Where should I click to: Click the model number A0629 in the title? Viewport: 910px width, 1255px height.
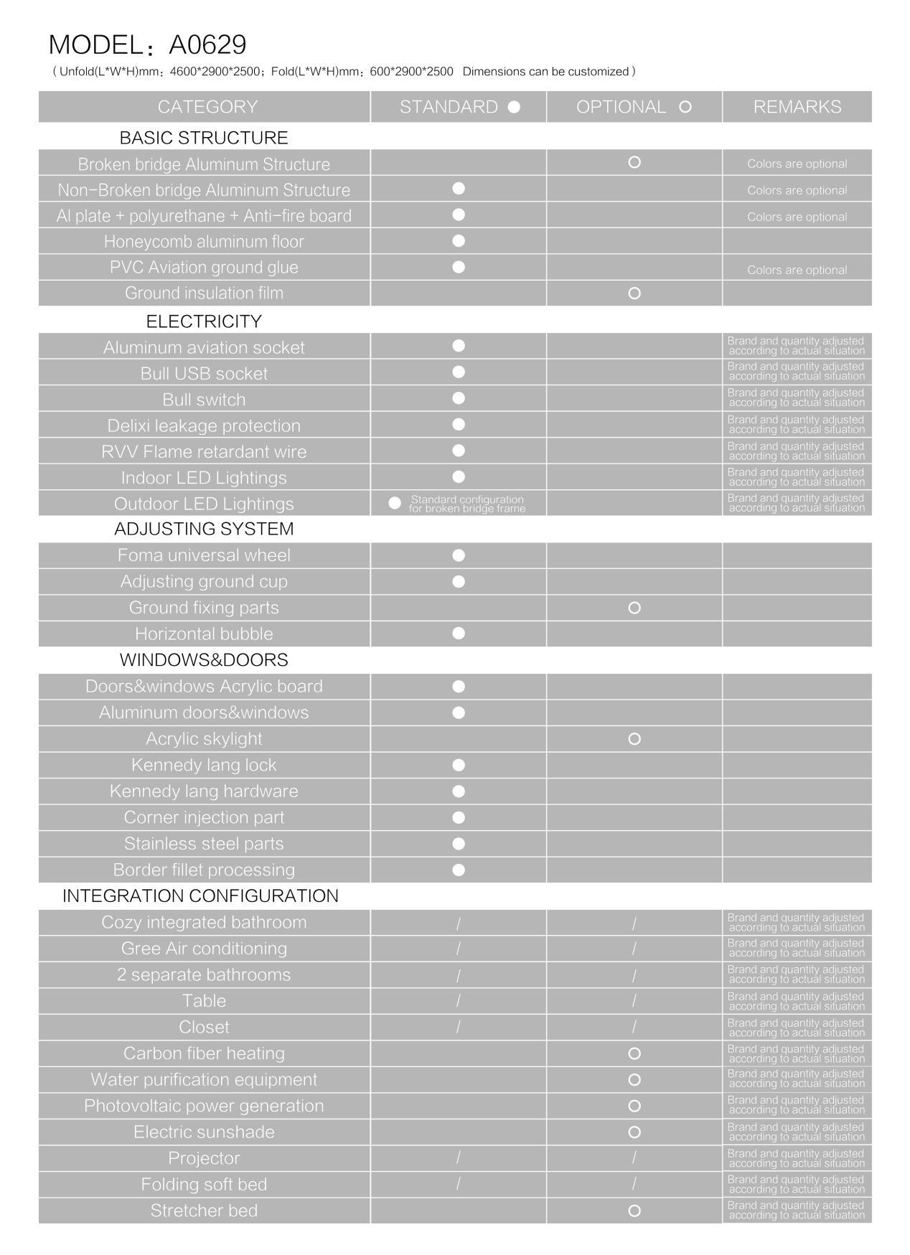click(207, 44)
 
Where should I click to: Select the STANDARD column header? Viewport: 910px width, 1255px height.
click(459, 107)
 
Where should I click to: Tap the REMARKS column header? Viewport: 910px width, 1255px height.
click(797, 107)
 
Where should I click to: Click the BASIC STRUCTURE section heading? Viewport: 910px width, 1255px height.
click(204, 137)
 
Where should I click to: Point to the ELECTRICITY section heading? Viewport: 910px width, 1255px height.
click(204, 321)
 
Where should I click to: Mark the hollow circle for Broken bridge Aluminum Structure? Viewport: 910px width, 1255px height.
click(634, 162)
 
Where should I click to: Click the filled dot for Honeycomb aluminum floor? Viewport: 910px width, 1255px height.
click(459, 241)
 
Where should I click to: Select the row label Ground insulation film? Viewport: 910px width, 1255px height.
click(204, 293)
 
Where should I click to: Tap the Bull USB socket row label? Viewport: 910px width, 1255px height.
click(204, 373)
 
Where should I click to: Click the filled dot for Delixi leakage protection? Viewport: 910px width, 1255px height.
click(459, 424)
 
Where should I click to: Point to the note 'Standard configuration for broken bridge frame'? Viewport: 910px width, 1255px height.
click(466, 504)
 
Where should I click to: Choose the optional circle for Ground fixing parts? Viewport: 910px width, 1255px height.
click(634, 608)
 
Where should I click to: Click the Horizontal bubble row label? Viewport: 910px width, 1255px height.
click(204, 634)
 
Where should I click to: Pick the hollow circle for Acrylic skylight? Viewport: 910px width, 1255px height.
click(634, 738)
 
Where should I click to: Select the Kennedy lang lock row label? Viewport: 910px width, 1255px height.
click(204, 765)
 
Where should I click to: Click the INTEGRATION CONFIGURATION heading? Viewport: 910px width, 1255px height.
click(200, 896)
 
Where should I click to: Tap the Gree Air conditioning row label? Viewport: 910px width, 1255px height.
click(204, 948)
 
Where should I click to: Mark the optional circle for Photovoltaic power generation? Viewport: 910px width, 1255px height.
click(634, 1106)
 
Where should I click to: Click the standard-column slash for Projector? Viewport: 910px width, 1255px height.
click(459, 1157)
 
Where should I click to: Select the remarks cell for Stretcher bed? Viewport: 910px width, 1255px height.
click(796, 1211)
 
